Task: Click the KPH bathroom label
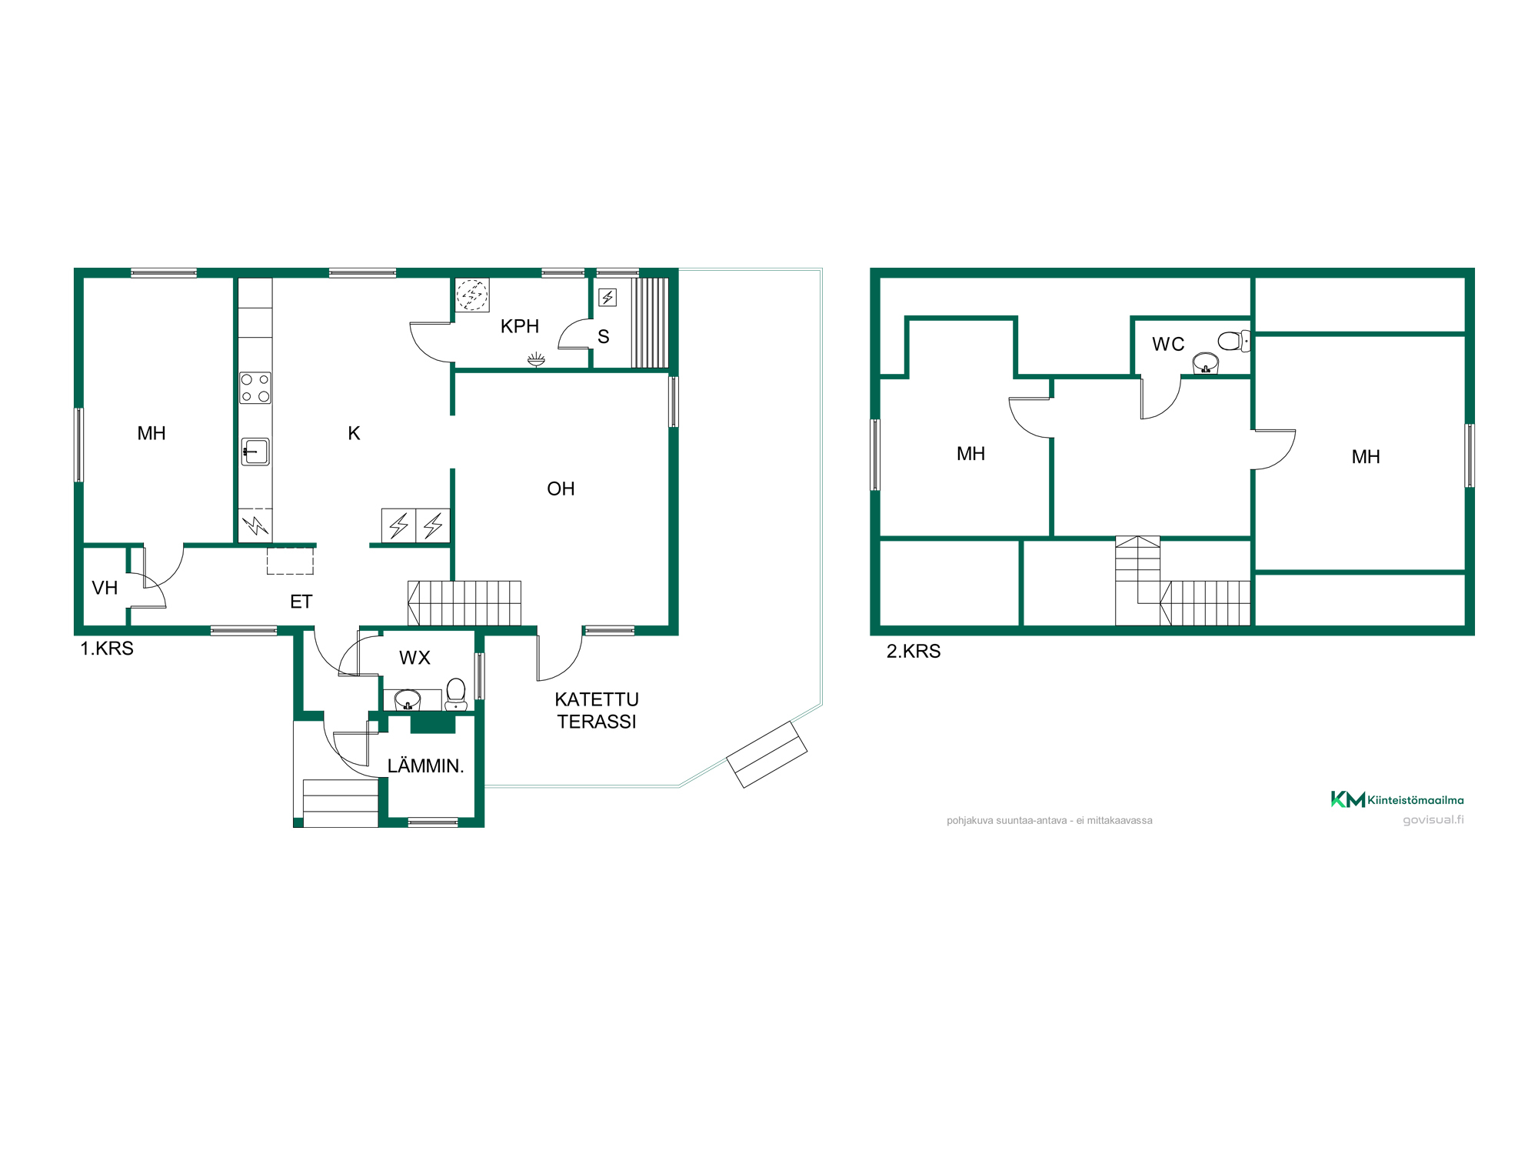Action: click(x=520, y=326)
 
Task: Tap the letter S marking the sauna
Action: click(x=604, y=337)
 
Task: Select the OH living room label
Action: click(x=561, y=489)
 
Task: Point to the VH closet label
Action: click(x=105, y=588)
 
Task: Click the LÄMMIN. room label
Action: click(x=425, y=765)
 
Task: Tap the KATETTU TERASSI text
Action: click(x=597, y=710)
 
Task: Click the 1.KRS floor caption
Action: click(x=107, y=649)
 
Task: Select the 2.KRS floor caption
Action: click(x=914, y=651)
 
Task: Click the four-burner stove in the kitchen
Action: click(x=255, y=388)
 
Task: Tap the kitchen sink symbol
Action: click(x=255, y=452)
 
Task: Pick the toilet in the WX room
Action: click(x=456, y=694)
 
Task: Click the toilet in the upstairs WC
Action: click(x=1233, y=341)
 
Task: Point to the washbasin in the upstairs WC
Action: click(x=1206, y=363)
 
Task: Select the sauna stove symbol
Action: click(x=608, y=297)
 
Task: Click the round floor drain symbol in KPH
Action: click(x=472, y=295)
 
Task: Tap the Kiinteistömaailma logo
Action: click(x=1397, y=799)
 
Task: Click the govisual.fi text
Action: click(x=1433, y=820)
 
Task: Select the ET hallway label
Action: click(x=301, y=602)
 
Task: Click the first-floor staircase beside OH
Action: click(x=464, y=603)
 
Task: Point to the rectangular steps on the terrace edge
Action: click(x=767, y=755)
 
